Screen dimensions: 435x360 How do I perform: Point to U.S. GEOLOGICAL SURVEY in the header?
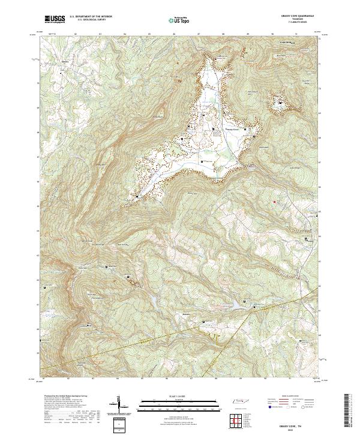pyautogui.click(x=88, y=20)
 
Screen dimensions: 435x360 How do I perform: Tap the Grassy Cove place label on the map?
pyautogui.click(x=232, y=128)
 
